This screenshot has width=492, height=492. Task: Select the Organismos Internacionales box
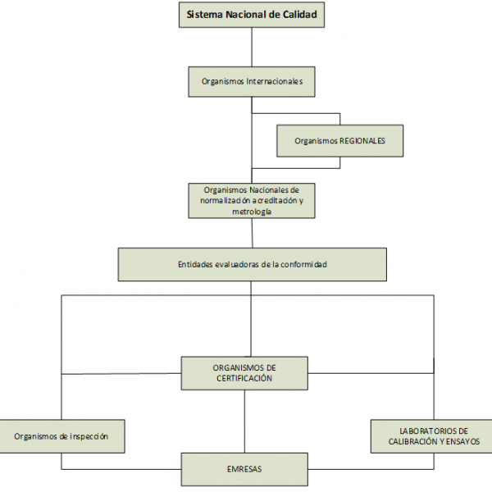[252, 82]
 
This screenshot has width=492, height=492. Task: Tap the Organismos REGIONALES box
[339, 140]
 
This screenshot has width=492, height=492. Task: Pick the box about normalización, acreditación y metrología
[252, 200]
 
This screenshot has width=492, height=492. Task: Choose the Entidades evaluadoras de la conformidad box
[252, 265]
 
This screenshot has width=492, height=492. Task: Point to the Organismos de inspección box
[61, 436]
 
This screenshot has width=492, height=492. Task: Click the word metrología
[252, 211]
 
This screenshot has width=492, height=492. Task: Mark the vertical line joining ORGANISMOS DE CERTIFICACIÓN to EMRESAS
[244, 421]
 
